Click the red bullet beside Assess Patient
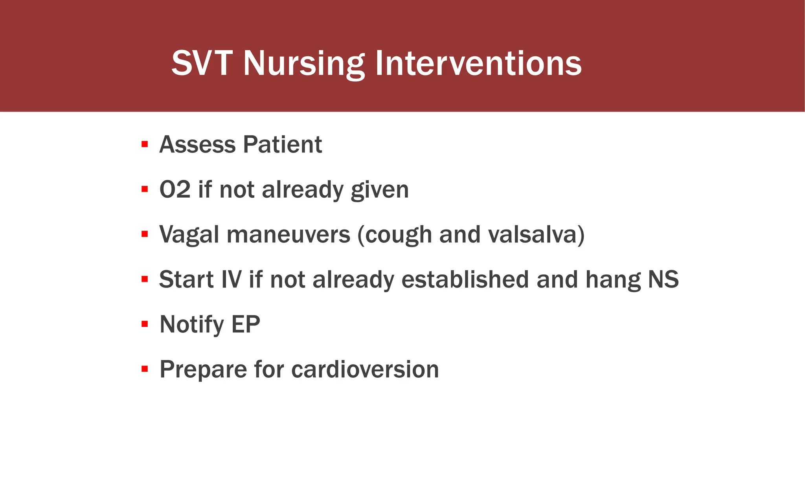(x=145, y=144)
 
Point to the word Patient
(x=282, y=144)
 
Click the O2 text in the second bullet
(x=175, y=189)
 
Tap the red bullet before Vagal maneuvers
(x=145, y=234)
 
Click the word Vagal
(x=189, y=235)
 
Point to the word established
(x=465, y=279)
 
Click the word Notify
(x=191, y=325)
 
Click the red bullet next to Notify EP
(x=145, y=324)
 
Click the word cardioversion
(x=365, y=369)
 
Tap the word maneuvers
(x=288, y=235)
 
